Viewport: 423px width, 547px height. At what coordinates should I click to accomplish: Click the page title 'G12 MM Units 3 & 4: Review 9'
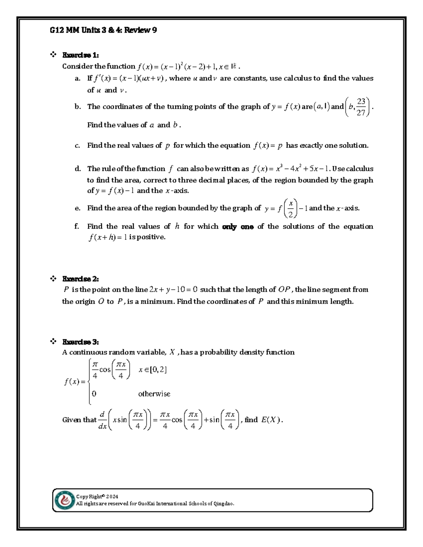click(103, 30)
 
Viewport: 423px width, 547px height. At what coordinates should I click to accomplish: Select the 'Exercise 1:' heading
click(80, 55)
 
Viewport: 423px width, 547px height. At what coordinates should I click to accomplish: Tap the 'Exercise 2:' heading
click(80, 279)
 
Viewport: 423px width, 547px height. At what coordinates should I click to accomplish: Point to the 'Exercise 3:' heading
click(80, 342)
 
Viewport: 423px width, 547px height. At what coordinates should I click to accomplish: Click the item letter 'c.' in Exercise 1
click(78, 145)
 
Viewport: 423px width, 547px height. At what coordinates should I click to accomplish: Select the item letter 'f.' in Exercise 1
click(77, 226)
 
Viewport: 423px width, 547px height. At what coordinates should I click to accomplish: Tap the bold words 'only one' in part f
click(238, 227)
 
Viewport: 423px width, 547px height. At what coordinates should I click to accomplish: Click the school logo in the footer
click(65, 500)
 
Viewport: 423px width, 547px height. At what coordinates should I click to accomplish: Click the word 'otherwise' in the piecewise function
click(154, 394)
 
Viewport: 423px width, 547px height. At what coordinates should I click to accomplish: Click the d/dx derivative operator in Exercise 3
click(102, 420)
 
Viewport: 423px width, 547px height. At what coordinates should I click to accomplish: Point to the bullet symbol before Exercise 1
click(53, 55)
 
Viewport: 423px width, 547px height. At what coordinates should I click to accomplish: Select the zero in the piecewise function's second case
click(94, 394)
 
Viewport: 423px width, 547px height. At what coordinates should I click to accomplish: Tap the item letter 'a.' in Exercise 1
click(78, 79)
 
